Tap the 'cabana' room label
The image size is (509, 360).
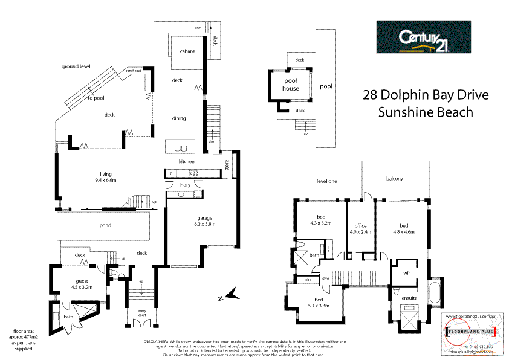point(187,51)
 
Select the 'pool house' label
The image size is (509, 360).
point(290,85)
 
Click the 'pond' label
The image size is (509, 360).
point(105,225)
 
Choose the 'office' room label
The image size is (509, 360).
point(361,225)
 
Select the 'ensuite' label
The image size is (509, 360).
point(401,297)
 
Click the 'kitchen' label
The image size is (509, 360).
point(186,162)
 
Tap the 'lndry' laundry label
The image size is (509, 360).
point(186,185)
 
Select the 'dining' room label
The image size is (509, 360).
point(178,118)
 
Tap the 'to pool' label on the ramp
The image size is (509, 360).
point(96,98)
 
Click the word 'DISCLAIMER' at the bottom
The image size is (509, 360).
point(156,342)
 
